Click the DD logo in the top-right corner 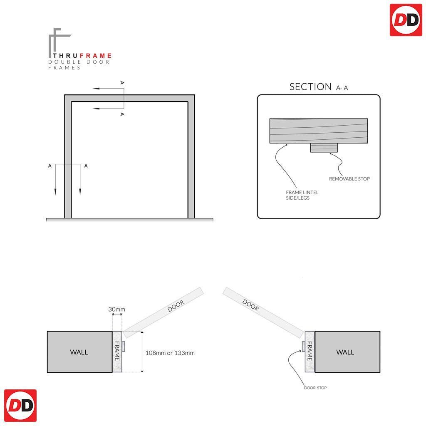pyautogui.click(x=406, y=20)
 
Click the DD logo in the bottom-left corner pyautogui.click(x=20, y=406)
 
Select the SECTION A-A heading pyautogui.click(x=319, y=87)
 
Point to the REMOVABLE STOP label pyautogui.click(x=349, y=179)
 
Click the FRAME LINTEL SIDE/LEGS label pyautogui.click(x=302, y=195)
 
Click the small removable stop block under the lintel pyautogui.click(x=324, y=148)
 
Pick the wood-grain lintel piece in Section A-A pyautogui.click(x=319, y=131)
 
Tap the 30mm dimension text pyautogui.click(x=117, y=310)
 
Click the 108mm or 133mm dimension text pyautogui.click(x=170, y=353)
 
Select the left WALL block pyautogui.click(x=79, y=352)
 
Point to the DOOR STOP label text pyautogui.click(x=315, y=388)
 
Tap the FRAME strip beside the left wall pyautogui.click(x=117, y=352)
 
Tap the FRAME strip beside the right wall pyautogui.click(x=310, y=352)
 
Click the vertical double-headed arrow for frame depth pyautogui.click(x=142, y=352)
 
